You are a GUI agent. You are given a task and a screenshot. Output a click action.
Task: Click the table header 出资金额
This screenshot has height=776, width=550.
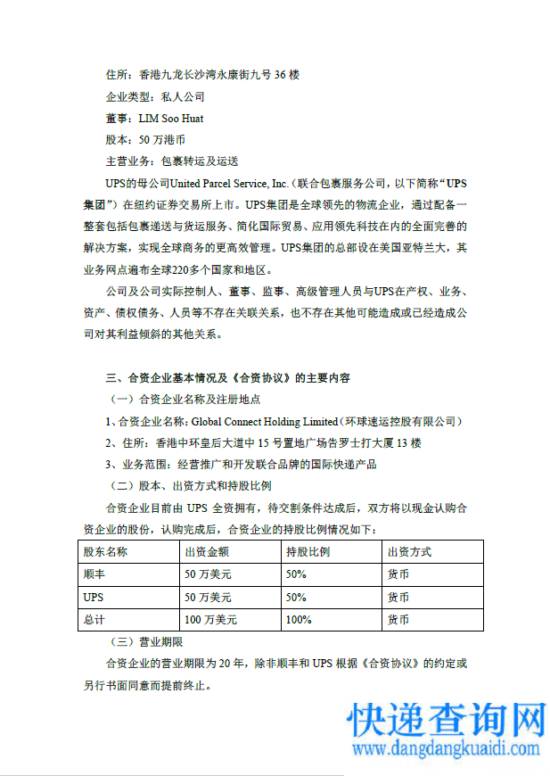(x=207, y=552)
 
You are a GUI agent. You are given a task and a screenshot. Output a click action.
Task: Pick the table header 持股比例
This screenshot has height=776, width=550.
(x=308, y=552)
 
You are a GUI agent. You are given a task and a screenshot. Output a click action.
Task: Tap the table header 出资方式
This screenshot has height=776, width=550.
(x=409, y=552)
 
